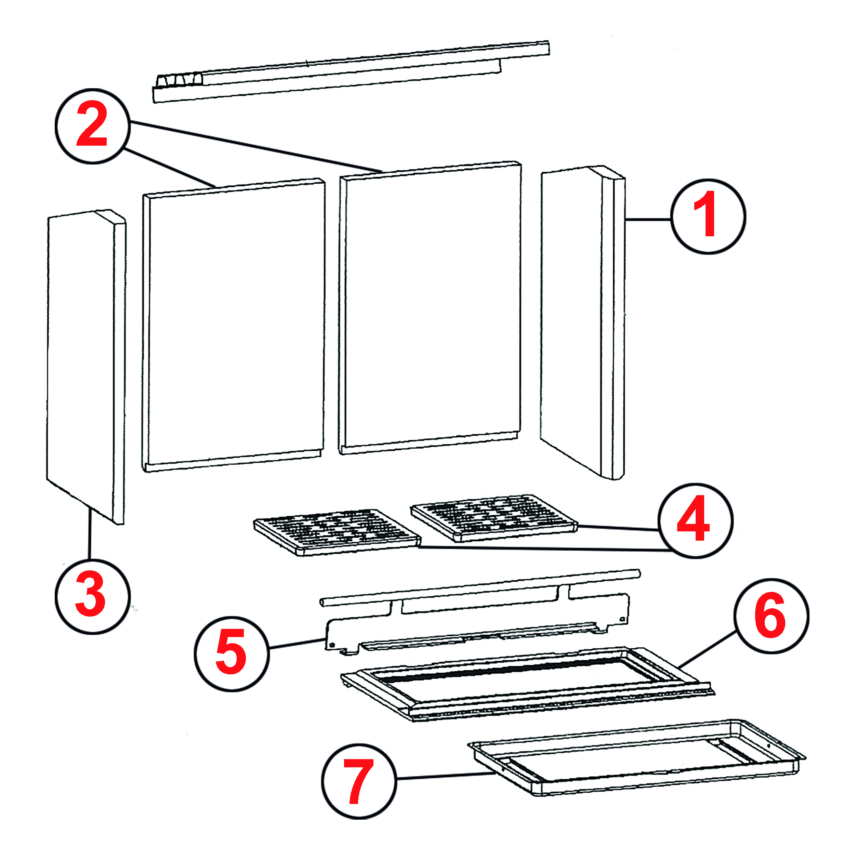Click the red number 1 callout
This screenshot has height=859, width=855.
click(708, 216)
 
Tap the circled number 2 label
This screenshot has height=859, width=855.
click(92, 126)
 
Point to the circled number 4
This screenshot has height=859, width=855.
click(695, 520)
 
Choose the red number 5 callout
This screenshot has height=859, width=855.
click(231, 653)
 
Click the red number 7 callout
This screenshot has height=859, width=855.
click(358, 781)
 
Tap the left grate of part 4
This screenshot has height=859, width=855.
click(337, 532)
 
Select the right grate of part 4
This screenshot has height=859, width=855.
click(494, 517)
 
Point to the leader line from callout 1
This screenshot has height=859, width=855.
click(648, 219)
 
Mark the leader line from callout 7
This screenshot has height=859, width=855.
click(445, 776)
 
